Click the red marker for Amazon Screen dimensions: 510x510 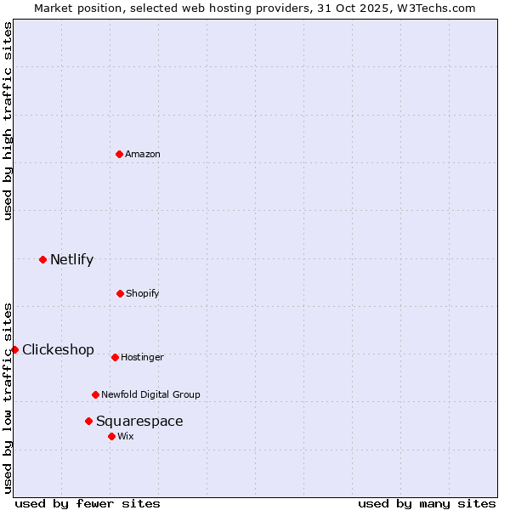pos(120,154)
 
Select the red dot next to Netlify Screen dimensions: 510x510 pos(42,259)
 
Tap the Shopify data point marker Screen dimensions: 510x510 pos(120,293)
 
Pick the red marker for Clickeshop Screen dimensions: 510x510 pos(14,349)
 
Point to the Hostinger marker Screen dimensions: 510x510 pos(115,357)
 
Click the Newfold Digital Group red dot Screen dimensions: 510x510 pos(95,394)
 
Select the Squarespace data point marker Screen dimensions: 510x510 pos(88,421)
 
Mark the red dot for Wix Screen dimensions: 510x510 pos(111,436)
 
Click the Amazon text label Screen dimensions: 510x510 pos(143,154)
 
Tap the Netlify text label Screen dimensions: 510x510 pos(71,259)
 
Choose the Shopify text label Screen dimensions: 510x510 pos(143,293)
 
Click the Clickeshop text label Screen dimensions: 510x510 pos(58,349)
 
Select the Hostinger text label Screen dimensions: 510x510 pos(142,357)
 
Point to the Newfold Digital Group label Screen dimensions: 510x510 pos(150,394)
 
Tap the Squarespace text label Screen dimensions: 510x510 pos(139,421)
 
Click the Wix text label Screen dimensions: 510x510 pos(126,436)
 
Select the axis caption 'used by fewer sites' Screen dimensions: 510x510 pos(88,503)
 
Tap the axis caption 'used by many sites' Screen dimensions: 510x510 pos(427,503)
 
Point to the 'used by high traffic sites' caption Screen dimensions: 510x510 pos(8,121)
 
